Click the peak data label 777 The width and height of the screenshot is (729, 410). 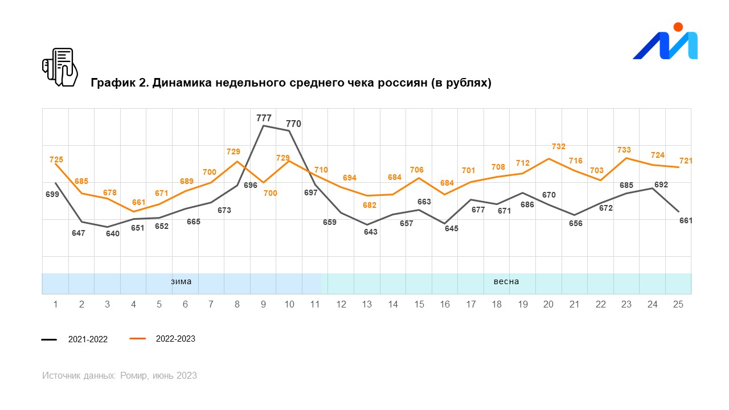tap(264, 118)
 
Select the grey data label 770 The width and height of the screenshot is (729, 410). tap(293, 124)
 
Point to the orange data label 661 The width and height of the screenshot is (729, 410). tap(139, 202)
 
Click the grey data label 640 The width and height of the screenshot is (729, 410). tap(113, 233)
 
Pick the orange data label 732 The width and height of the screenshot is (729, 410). tap(559, 146)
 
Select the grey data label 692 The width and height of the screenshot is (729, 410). tap(661, 184)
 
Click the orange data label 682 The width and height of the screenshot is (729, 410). tap(370, 205)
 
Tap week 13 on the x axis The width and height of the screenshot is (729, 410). tap(367, 305)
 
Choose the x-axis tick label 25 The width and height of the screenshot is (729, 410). tap(678, 305)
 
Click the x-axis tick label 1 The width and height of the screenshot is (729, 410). tap(55, 305)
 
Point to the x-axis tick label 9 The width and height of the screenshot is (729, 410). tap(263, 305)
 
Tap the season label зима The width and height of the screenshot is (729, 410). tap(181, 281)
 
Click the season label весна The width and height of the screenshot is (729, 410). tap(506, 281)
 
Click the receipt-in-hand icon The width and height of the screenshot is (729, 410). tap(60, 67)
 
